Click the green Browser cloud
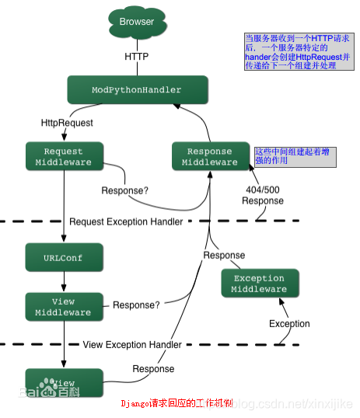click(x=136, y=23)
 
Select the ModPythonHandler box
click(x=137, y=90)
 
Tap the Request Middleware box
click(x=64, y=157)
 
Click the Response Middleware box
click(x=210, y=157)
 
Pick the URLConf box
click(x=64, y=257)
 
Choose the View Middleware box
click(x=64, y=307)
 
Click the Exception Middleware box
click(x=259, y=284)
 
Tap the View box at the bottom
click(x=64, y=383)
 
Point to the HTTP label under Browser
click(x=137, y=57)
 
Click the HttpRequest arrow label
click(x=67, y=123)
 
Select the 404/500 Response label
click(x=262, y=194)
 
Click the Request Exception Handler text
click(x=126, y=221)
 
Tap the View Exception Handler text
click(x=133, y=344)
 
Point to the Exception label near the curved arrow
click(x=289, y=323)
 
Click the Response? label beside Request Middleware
click(x=125, y=190)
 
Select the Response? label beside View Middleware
click(x=136, y=305)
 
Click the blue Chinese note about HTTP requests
click(x=298, y=52)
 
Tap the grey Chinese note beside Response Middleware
click(x=295, y=156)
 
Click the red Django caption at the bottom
click(x=178, y=405)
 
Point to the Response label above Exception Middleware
click(x=224, y=255)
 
